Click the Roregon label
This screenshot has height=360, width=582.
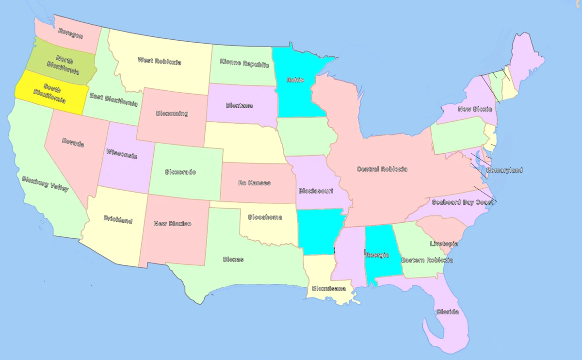point(71,33)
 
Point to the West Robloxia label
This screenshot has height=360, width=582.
point(159,61)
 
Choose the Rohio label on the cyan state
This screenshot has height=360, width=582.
point(295,80)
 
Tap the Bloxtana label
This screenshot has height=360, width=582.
point(239,105)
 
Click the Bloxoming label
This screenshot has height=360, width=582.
point(172,114)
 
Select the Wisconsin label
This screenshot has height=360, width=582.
point(121,154)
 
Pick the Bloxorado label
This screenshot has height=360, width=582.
point(180,172)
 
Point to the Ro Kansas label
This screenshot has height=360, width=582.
point(254,183)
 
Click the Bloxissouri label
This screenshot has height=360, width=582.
point(316,191)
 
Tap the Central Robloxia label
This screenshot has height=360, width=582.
point(382,169)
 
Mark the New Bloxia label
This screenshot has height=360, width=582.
point(475,109)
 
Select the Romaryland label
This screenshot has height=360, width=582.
point(504,170)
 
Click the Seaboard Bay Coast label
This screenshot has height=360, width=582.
point(462,202)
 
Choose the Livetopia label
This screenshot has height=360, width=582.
point(444,244)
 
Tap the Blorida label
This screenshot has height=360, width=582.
point(447,311)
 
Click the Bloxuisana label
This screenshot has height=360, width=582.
point(329,288)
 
